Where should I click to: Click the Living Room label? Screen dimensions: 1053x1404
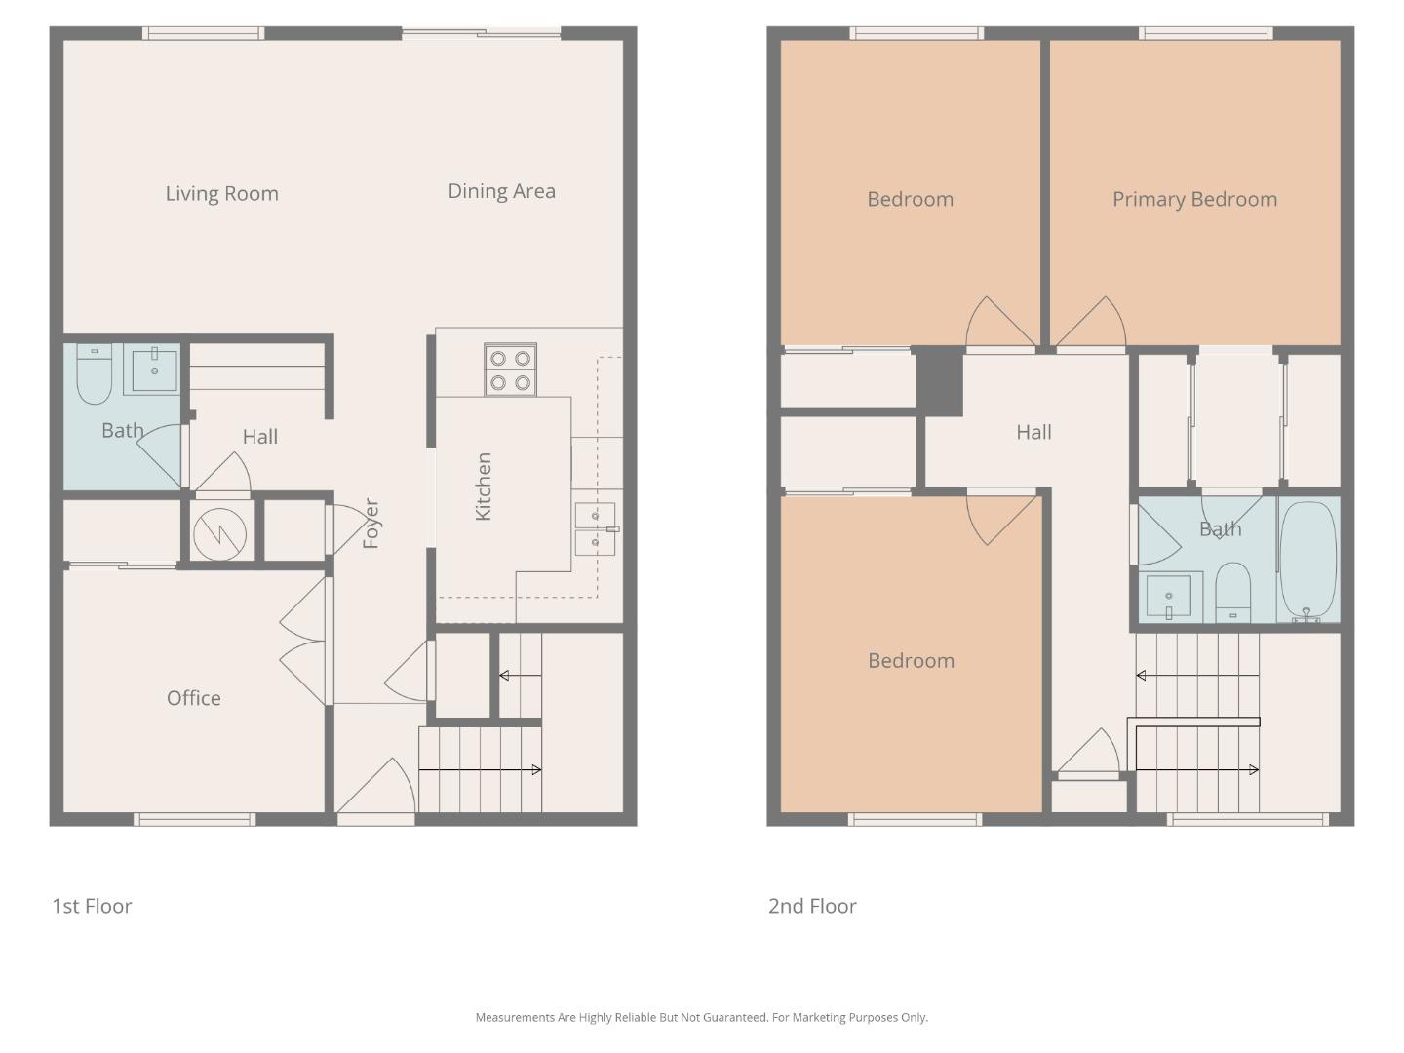pyautogui.click(x=221, y=193)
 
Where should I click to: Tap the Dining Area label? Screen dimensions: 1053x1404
pyautogui.click(x=501, y=191)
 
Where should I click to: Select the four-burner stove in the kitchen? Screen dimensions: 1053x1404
pyautogui.click(x=510, y=370)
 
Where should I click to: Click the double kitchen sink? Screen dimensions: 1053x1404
pyautogui.click(x=595, y=528)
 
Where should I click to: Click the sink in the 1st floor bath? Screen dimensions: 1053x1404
pyautogui.click(x=154, y=370)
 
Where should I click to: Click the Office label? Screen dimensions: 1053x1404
pyautogui.click(x=193, y=698)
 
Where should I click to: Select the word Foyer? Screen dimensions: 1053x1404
pyautogui.click(x=370, y=524)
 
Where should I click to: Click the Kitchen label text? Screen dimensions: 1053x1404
pyautogui.click(x=483, y=487)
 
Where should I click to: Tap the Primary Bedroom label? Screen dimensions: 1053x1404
pyautogui.click(x=1194, y=199)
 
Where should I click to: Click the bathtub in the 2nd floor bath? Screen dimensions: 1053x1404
pyautogui.click(x=1308, y=561)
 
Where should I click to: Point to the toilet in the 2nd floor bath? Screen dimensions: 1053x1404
pyautogui.click(x=1232, y=591)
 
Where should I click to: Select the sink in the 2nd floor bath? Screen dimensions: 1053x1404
pyautogui.click(x=1168, y=596)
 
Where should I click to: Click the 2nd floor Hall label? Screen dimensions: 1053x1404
pyautogui.click(x=1033, y=432)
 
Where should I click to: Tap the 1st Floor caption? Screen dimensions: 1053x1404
pyautogui.click(x=92, y=906)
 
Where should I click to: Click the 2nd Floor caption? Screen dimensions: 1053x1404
pyautogui.click(x=812, y=906)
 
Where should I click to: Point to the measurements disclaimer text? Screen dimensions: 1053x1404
pyautogui.click(x=701, y=1017)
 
